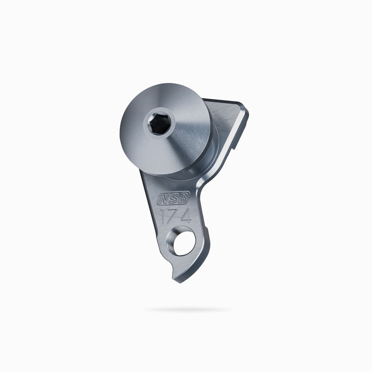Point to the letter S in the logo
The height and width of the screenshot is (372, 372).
173,198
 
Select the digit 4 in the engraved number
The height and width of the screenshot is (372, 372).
186,215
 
